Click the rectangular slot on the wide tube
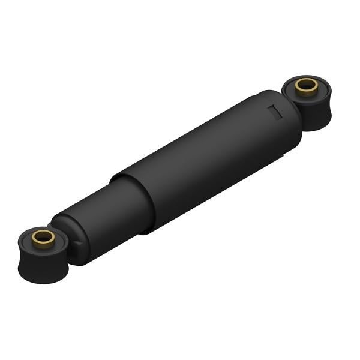tap(274, 112)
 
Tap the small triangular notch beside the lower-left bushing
tap(78, 242)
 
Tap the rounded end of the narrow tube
tap(66, 237)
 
